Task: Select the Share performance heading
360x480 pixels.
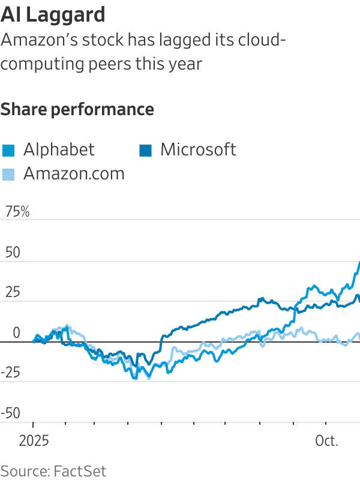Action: point(77,110)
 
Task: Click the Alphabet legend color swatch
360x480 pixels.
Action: point(8,150)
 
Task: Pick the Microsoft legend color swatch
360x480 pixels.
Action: point(145,150)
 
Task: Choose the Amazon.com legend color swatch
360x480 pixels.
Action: point(8,174)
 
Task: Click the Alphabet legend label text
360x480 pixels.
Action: point(59,149)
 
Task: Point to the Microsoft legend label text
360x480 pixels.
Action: point(198,149)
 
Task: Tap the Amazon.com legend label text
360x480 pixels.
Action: point(74,173)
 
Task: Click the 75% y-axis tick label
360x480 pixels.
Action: point(17,212)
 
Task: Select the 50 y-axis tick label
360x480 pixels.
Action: point(13,252)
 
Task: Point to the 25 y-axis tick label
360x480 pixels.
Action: point(13,292)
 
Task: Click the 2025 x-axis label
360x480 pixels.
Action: point(33,442)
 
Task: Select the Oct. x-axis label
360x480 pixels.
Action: point(327,442)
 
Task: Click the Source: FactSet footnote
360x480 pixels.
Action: point(53,470)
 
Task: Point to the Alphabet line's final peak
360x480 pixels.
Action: point(359,263)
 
